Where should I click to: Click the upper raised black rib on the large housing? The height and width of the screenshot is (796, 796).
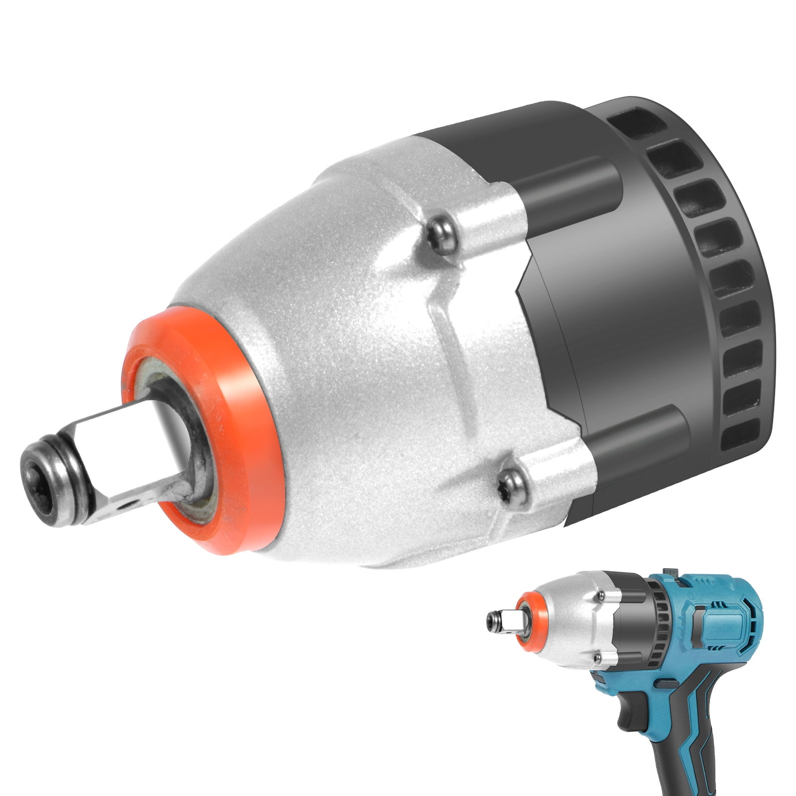(567, 182)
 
